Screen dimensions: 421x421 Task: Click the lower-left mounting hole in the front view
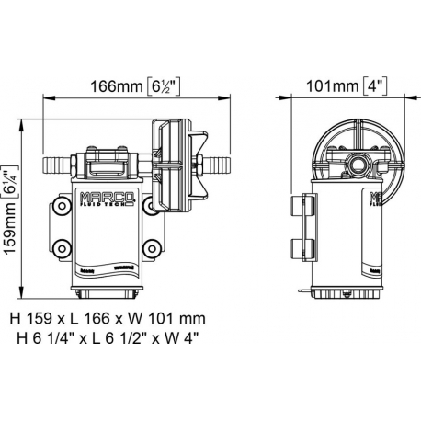coord(62,246)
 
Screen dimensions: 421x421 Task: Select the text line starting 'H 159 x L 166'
coord(108,318)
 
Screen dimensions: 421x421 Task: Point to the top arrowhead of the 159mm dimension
coord(25,120)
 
